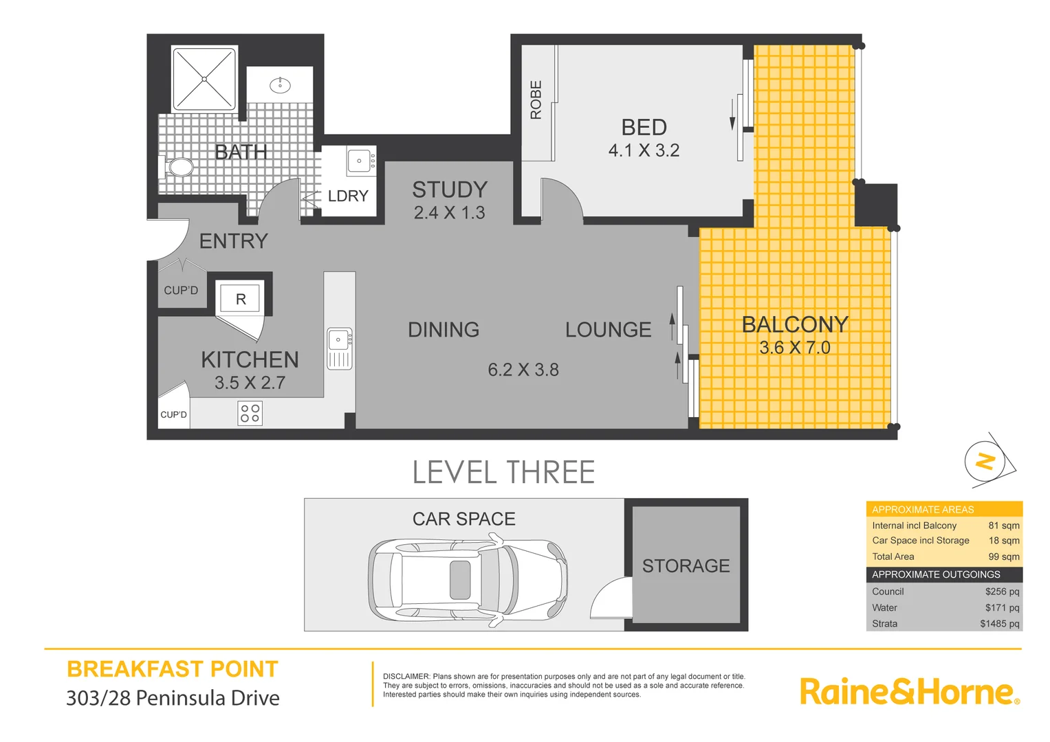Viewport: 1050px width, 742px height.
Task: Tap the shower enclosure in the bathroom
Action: coord(204,79)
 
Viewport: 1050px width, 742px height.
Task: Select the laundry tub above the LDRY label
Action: coord(360,161)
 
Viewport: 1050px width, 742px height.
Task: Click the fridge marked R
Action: coord(240,299)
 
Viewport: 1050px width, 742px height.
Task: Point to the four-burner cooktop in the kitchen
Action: coord(250,414)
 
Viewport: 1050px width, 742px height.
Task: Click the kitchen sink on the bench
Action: coord(340,348)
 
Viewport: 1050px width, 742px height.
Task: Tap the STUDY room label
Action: coord(450,190)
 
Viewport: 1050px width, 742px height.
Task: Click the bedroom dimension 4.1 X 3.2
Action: coord(644,151)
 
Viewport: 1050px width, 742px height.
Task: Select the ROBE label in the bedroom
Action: coord(536,100)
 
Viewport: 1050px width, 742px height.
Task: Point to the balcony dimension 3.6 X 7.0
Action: coord(795,348)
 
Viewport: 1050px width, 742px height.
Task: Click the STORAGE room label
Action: coord(686,565)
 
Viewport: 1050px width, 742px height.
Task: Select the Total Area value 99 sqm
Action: coord(1003,556)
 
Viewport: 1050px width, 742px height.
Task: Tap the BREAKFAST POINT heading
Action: coord(173,669)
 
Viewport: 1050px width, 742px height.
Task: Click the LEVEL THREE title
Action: coord(503,473)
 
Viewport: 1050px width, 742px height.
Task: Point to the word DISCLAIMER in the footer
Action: coord(406,677)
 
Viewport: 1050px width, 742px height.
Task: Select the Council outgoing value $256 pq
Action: coord(1002,592)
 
